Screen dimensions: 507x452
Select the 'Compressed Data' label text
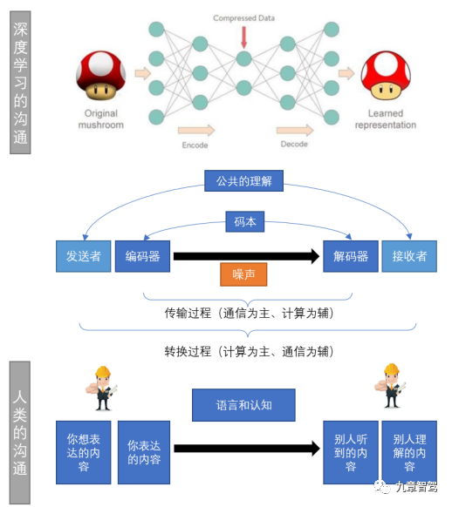pos(243,17)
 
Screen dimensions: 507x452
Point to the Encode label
pos(195,145)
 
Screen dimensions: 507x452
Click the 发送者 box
pos(83,256)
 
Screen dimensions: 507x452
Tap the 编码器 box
pos(142,256)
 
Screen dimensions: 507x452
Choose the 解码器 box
pos(350,256)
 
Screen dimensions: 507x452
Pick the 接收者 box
pos(409,256)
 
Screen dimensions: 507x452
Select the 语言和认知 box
pos(243,405)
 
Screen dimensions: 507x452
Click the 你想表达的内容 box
pos(83,451)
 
